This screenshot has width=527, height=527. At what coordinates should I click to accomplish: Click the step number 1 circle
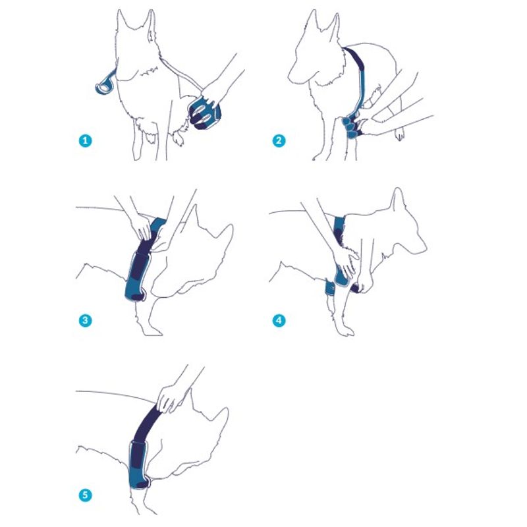tap(86, 140)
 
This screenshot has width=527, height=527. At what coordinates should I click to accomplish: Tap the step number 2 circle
tap(279, 140)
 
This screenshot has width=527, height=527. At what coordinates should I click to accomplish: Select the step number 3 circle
tap(86, 320)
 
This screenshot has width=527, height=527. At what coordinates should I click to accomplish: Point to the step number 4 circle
tap(279, 320)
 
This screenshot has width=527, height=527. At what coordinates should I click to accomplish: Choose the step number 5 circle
tap(86, 495)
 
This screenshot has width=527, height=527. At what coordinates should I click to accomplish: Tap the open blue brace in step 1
tap(205, 113)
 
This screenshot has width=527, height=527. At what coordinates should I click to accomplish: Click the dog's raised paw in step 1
tap(178, 138)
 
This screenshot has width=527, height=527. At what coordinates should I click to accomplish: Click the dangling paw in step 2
tap(399, 135)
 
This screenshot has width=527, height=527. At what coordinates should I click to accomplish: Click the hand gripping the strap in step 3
tap(142, 226)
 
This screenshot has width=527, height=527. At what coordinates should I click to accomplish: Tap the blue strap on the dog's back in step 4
tap(339, 229)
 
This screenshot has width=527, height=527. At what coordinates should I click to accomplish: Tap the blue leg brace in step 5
tap(140, 466)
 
